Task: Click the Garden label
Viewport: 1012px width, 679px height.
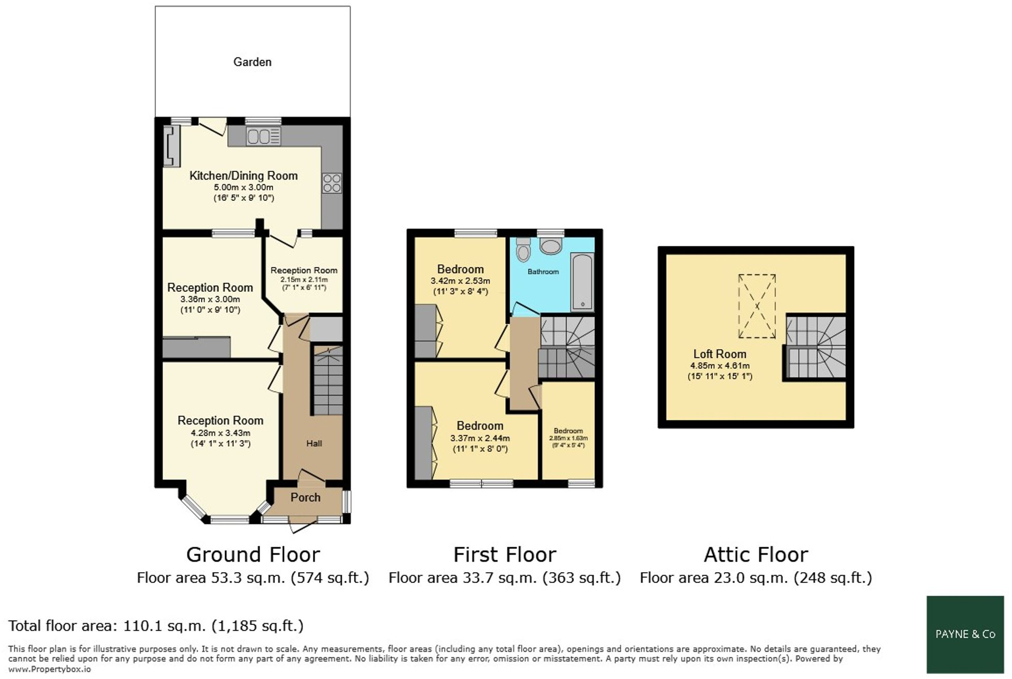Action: click(252, 62)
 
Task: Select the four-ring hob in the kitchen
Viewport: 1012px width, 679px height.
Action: click(332, 183)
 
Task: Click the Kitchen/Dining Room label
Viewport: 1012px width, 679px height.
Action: click(243, 176)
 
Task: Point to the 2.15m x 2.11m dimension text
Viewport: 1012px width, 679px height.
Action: click(304, 279)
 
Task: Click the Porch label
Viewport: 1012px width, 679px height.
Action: click(305, 497)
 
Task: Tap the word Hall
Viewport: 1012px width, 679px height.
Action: click(314, 443)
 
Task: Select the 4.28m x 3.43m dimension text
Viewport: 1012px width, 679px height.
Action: click(220, 433)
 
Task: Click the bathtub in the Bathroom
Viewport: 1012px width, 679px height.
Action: click(582, 282)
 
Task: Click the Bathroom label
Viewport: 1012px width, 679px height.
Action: click(543, 272)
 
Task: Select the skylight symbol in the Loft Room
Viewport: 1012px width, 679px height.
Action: click(757, 306)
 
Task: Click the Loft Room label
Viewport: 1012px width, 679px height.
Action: click(719, 354)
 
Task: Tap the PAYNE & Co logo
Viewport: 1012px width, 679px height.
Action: click(965, 634)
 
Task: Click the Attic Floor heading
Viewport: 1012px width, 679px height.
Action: click(755, 555)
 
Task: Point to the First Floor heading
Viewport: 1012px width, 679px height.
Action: click(504, 555)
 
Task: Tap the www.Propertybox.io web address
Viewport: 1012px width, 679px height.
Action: click(50, 669)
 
